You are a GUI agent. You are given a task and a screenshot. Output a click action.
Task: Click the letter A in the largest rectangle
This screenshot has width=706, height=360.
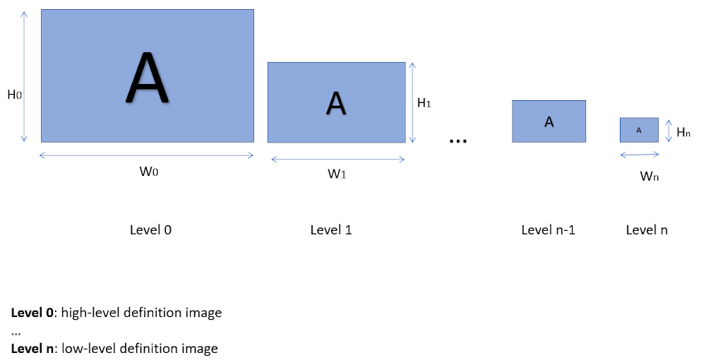coord(147,77)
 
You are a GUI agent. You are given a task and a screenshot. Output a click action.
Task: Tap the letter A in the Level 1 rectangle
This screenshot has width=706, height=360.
coord(336,103)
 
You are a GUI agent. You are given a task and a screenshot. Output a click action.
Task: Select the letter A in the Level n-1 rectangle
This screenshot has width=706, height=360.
coord(549,121)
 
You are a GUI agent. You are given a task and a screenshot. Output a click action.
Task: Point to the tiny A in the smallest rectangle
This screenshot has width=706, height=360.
coord(639,130)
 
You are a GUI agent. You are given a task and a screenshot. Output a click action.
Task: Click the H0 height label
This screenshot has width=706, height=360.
coord(14,94)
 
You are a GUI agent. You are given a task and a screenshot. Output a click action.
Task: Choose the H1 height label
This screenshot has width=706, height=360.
coord(424,103)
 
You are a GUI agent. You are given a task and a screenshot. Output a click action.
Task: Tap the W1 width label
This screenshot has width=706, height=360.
coord(337,174)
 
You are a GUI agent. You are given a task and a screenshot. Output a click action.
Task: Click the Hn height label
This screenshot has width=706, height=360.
coord(683,131)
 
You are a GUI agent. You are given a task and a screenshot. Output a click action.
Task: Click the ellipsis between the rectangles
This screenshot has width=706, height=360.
coord(458,141)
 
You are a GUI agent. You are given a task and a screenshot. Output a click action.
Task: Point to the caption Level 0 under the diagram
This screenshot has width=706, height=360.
coord(150,230)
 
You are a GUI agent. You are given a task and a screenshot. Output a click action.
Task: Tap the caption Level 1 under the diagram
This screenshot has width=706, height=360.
coord(331,230)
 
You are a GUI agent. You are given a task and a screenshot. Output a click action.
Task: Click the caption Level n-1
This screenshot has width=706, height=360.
coord(548,230)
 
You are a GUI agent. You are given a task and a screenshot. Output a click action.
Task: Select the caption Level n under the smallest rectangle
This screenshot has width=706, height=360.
coord(647,230)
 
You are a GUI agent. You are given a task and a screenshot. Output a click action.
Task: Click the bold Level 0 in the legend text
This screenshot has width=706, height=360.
coord(32,313)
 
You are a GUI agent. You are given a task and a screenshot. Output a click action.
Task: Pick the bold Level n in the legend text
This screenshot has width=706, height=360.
coord(32,348)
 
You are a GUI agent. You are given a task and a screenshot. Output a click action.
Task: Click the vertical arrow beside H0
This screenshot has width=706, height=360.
coord(25,76)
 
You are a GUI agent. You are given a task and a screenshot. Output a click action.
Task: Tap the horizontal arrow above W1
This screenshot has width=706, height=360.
coord(337,159)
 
